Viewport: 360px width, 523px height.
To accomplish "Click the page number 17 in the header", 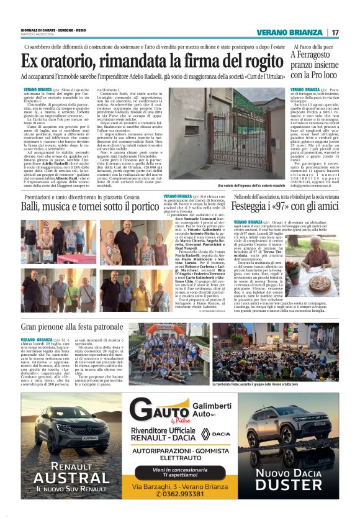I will point(335,32).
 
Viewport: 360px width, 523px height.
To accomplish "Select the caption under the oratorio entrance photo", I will point(250,186).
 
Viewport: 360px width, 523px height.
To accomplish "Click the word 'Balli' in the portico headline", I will point(34,206).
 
